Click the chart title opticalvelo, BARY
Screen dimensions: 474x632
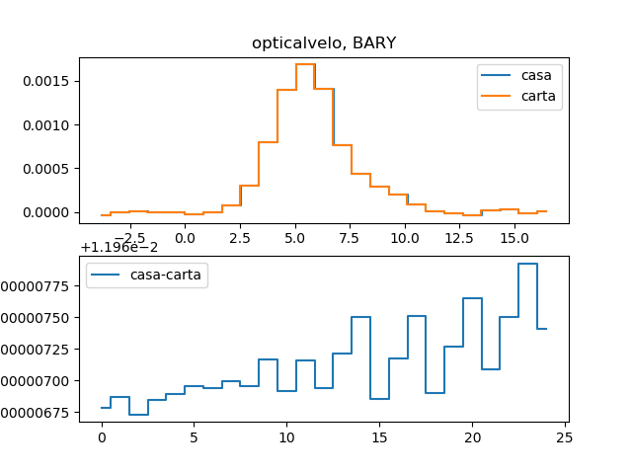(324, 42)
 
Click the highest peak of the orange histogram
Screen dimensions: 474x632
(305, 64)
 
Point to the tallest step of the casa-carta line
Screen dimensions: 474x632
(527, 264)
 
